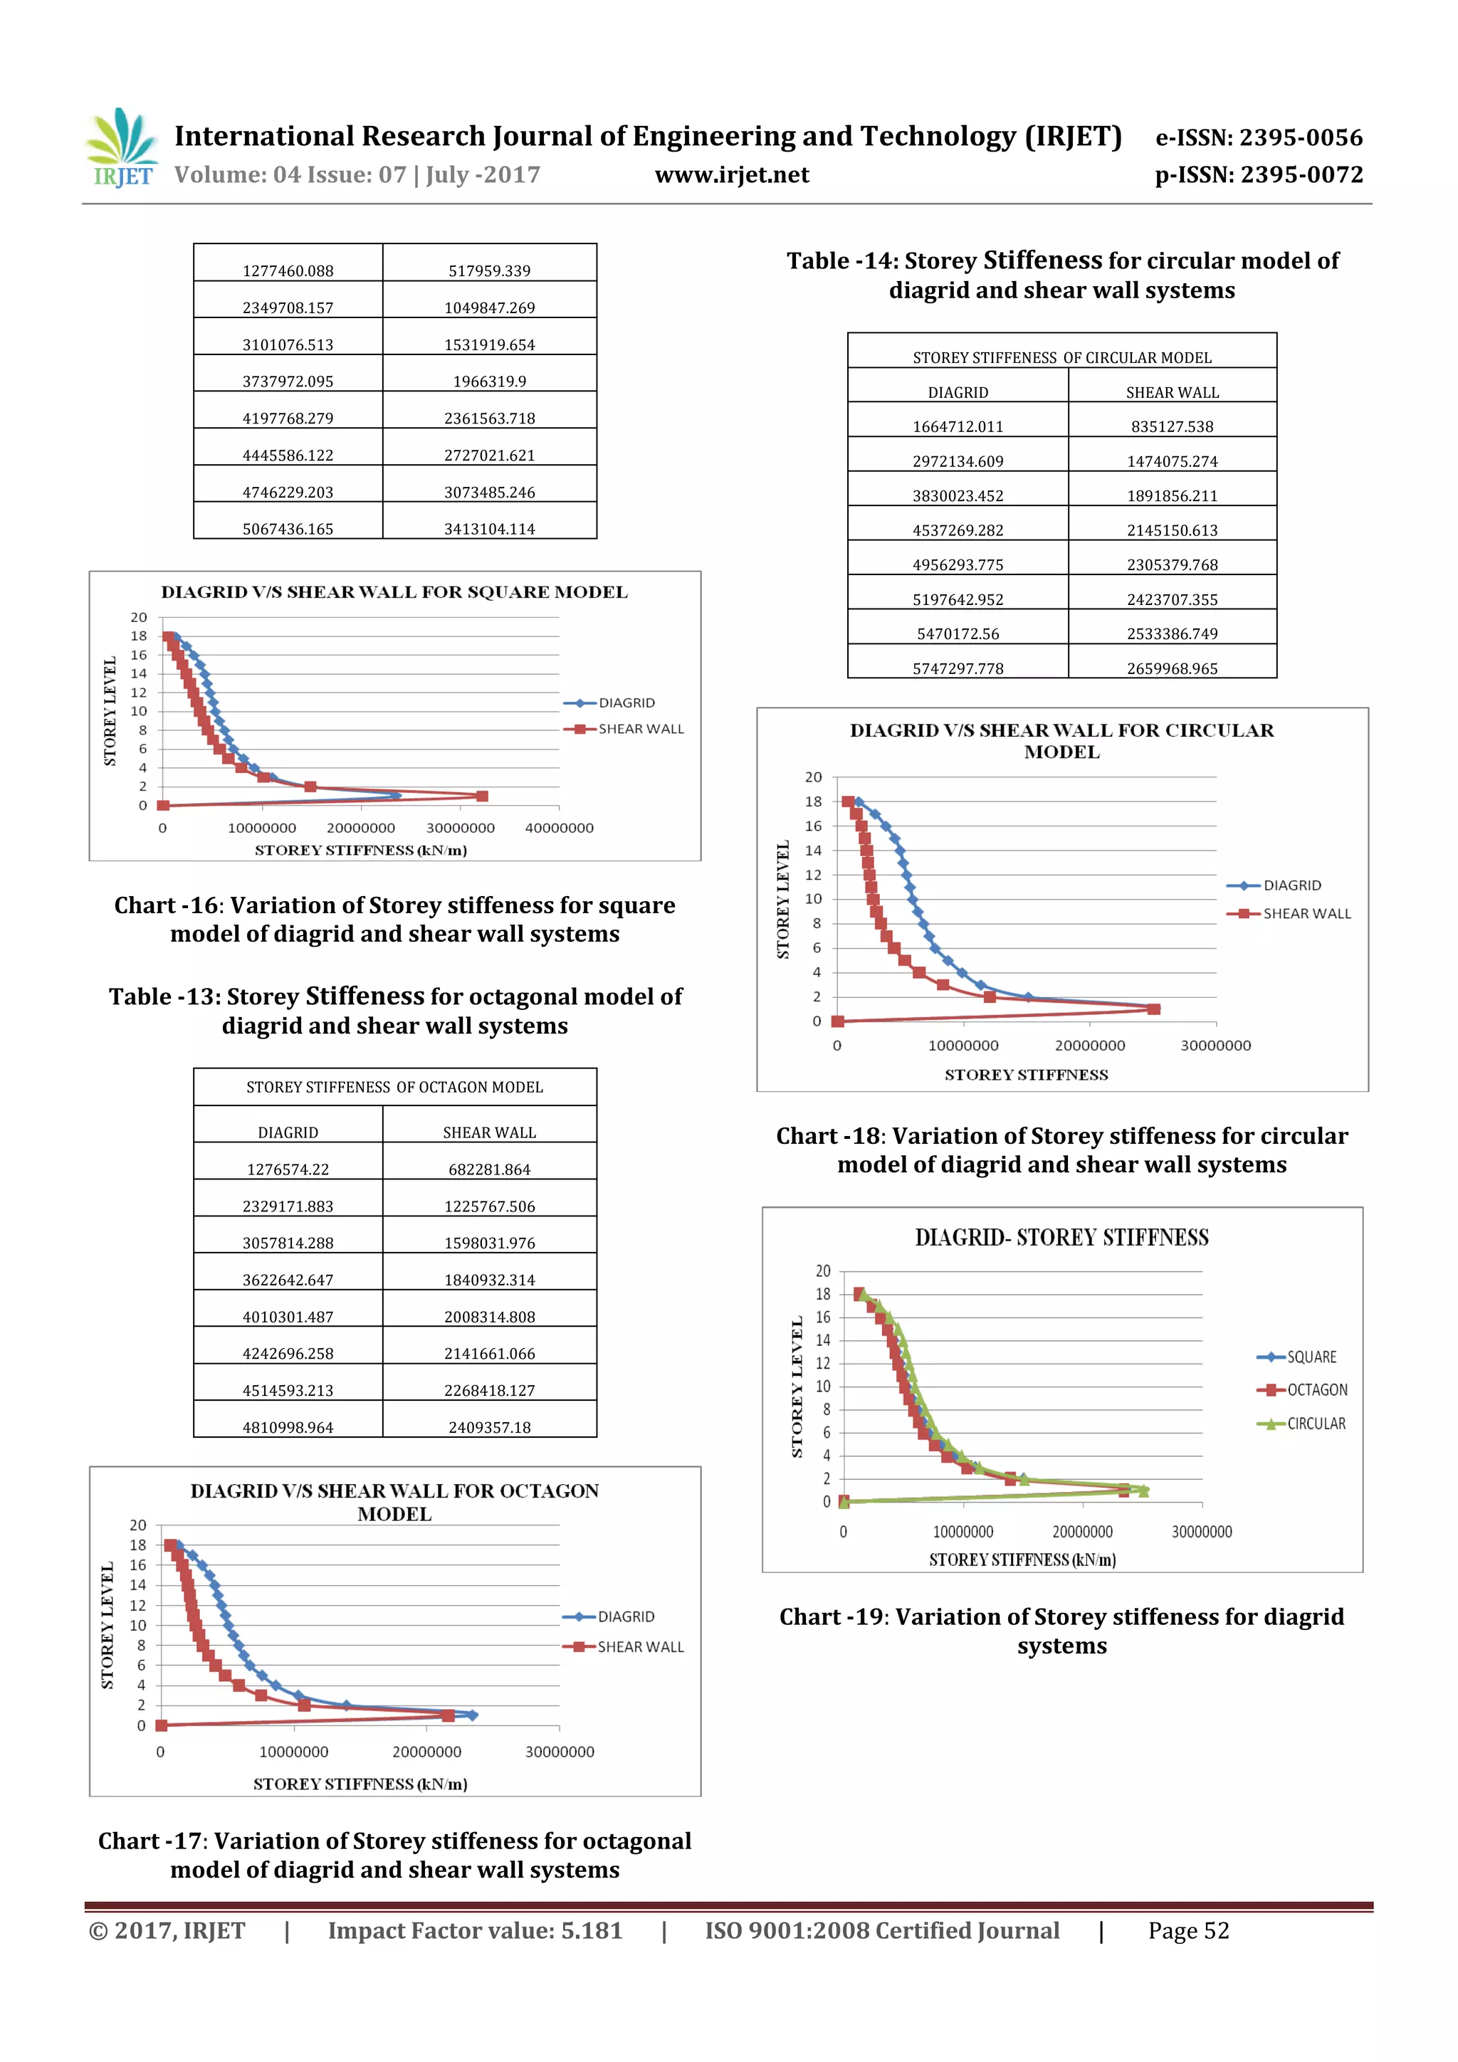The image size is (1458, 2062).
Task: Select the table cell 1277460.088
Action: coord(288,270)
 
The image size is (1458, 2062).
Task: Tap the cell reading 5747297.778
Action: coord(958,668)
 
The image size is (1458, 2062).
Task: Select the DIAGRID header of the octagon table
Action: coord(288,1132)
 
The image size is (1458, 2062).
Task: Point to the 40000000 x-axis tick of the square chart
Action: coord(559,828)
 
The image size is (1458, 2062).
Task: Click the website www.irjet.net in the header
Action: coord(731,175)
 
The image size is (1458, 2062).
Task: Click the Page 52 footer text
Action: coord(1187,1931)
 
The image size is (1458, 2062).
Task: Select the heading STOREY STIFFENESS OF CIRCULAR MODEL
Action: coord(1062,357)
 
